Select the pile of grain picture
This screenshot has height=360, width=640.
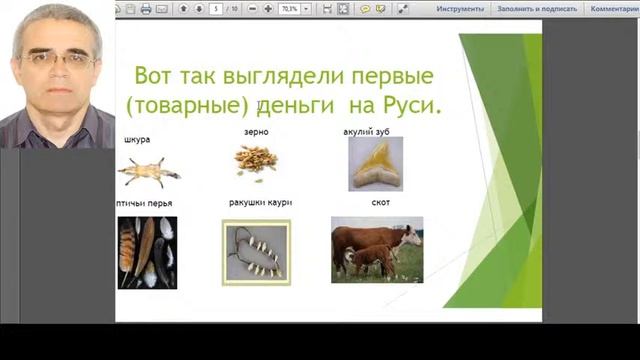(256, 160)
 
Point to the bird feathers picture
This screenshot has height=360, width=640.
(147, 252)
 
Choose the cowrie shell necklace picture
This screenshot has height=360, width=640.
(256, 253)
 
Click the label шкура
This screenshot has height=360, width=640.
(137, 139)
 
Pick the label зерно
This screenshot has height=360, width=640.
(256, 132)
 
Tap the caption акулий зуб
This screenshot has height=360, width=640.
(367, 131)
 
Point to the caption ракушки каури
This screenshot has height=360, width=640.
(260, 202)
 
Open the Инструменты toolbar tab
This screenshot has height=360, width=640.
(460, 8)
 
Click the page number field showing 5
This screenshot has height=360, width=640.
(216, 8)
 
